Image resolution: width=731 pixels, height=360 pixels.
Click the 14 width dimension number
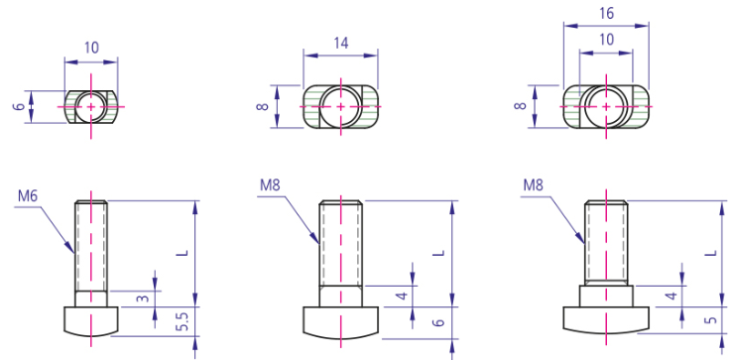[341, 43]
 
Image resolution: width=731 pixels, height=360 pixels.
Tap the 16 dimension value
[606, 14]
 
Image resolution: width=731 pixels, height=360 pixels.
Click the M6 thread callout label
[28, 196]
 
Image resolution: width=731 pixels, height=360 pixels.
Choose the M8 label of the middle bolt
[270, 185]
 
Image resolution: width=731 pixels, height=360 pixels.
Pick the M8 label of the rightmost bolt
[533, 185]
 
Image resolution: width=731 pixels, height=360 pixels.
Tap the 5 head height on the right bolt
[711, 320]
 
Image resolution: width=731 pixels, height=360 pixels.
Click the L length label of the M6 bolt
[184, 252]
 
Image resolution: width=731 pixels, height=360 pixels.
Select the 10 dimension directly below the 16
[606, 40]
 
